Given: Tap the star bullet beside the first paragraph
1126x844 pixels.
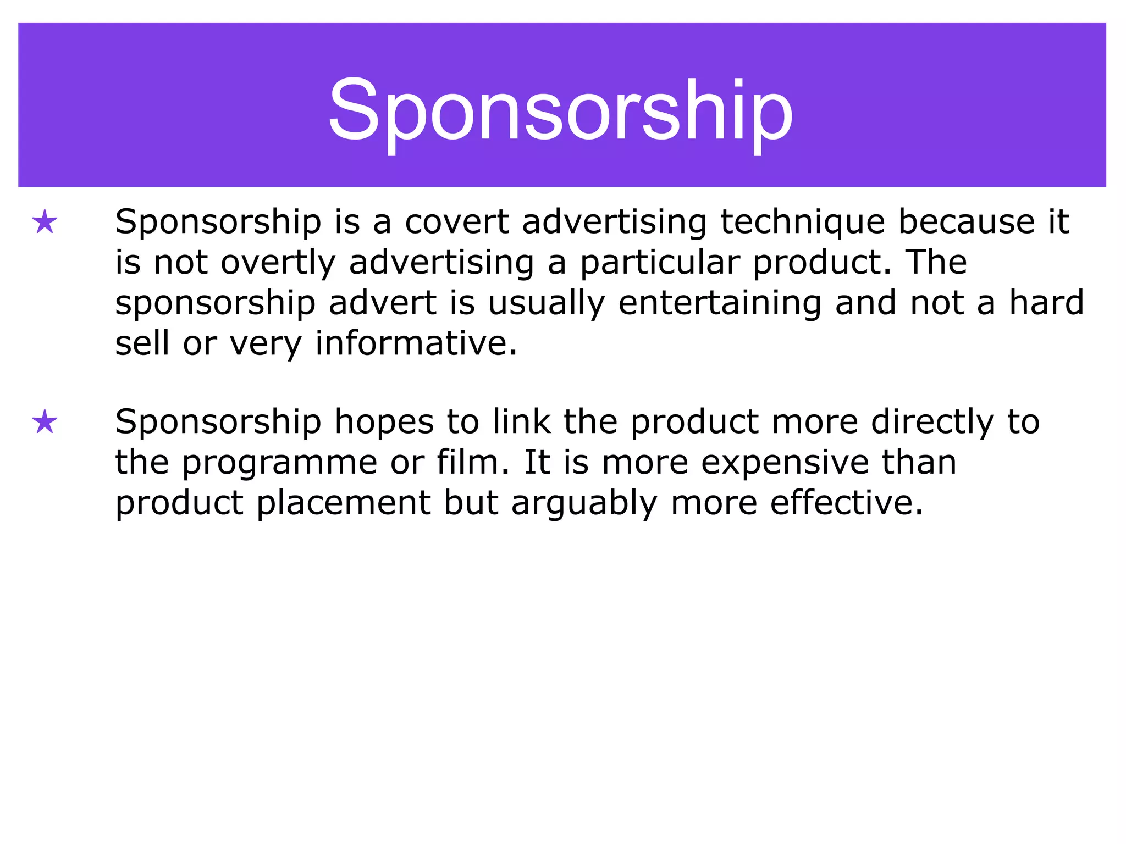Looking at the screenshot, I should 45,223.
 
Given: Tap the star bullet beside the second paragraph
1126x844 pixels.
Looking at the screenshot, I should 45,422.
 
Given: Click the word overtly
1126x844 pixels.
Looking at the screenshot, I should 278,263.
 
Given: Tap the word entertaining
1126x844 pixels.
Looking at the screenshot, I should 720,303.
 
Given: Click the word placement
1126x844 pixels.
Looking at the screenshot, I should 344,503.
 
